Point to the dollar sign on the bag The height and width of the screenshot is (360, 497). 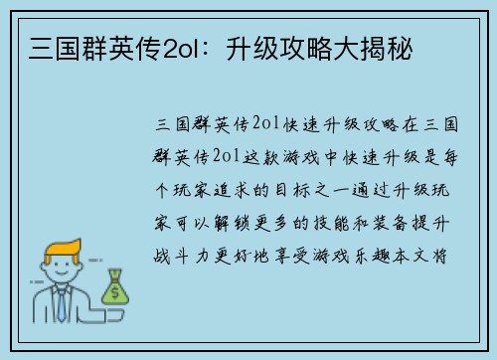[x=115, y=292]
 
